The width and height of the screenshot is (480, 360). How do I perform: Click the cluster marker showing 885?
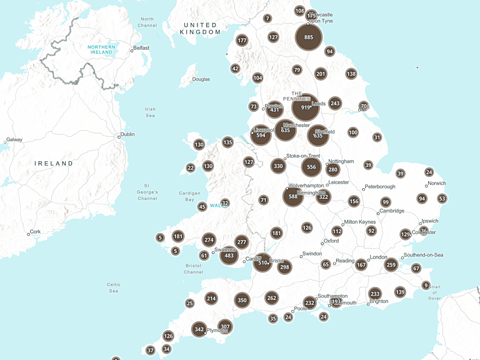[x=309, y=37]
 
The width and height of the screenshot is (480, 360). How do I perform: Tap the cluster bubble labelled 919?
[x=306, y=107]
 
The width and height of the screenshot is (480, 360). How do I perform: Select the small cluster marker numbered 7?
[x=267, y=19]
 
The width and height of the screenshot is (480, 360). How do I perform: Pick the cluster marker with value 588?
[x=292, y=197]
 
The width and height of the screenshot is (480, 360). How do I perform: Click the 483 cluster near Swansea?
[x=229, y=256]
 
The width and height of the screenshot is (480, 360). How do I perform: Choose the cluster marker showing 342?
[x=199, y=329]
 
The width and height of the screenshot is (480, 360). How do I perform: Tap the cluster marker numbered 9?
[x=426, y=286]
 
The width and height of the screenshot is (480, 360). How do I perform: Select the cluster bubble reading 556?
[x=311, y=167]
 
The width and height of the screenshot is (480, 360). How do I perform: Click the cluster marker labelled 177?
[x=242, y=41]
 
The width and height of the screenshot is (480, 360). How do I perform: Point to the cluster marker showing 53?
[x=442, y=199]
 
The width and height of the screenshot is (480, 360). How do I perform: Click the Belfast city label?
[x=141, y=47]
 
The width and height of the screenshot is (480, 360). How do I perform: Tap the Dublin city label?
[x=127, y=134]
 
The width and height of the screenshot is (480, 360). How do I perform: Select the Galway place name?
[x=14, y=140]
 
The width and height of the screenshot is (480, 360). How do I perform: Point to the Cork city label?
[x=35, y=231]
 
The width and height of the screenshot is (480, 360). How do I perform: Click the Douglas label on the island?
[x=201, y=79]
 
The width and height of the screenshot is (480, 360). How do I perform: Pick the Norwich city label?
[x=436, y=184]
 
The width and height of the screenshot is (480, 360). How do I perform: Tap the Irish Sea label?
[x=150, y=112]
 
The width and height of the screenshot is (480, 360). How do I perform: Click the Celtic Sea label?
[x=113, y=287]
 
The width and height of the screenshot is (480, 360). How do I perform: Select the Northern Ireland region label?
[x=101, y=49]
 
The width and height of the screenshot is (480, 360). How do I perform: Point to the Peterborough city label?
[x=380, y=186]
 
